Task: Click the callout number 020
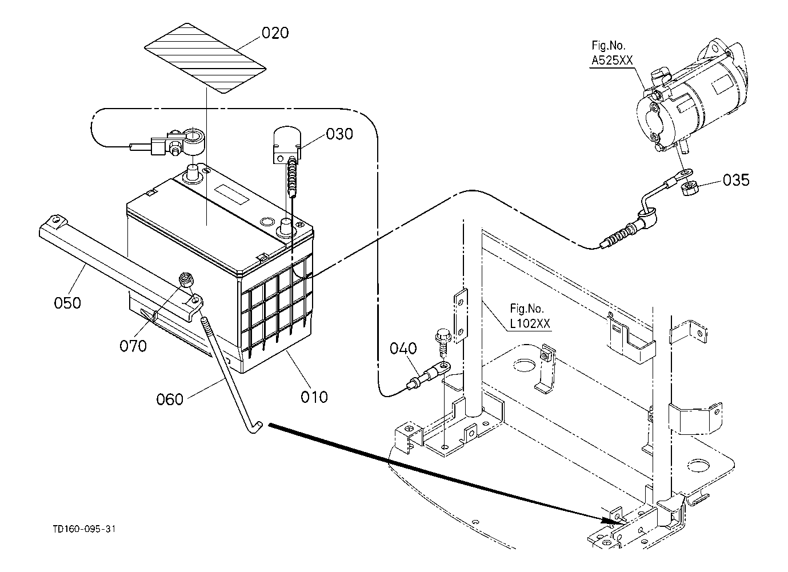[275, 33]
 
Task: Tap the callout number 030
[339, 134]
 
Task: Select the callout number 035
[736, 180]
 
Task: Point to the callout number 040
[403, 348]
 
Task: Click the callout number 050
[67, 303]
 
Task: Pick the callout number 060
[170, 399]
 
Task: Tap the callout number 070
[133, 346]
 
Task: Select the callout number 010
[314, 397]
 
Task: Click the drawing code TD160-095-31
[84, 529]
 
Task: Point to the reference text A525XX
[612, 61]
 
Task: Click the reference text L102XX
[530, 323]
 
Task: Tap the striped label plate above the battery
[205, 58]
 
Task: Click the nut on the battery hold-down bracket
[186, 279]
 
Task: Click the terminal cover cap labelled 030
[287, 144]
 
